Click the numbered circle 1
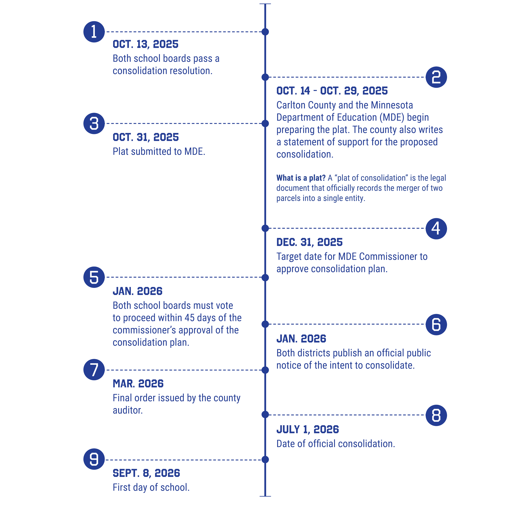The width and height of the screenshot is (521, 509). point(94,32)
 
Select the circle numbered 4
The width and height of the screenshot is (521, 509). point(436,229)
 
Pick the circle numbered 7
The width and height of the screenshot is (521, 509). point(94,370)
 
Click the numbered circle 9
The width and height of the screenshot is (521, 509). point(94,459)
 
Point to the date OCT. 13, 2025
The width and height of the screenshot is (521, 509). point(145,44)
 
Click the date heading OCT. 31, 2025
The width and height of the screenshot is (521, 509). point(146,137)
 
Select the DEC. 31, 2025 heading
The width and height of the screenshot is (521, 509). point(309,242)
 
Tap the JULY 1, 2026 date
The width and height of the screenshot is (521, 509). point(307,430)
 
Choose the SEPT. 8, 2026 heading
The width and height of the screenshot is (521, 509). point(146,473)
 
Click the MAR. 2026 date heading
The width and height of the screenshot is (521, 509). point(138,384)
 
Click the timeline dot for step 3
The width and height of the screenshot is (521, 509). point(265,124)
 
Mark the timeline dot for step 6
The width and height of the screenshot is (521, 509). point(265,324)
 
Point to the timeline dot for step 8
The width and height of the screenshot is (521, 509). point(265,415)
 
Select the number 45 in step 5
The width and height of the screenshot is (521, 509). point(189,318)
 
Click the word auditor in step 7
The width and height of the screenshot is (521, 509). point(127,410)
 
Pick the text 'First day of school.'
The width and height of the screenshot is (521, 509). point(151,487)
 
